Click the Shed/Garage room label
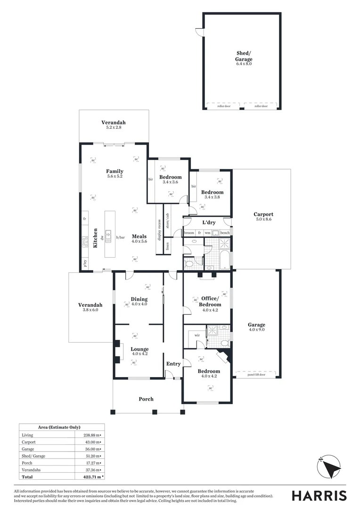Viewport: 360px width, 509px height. coord(244,57)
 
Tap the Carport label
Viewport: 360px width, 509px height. coord(263,214)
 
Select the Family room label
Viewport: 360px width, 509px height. coord(115,172)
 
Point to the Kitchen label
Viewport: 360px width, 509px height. coord(95,238)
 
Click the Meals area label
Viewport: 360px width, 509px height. coord(139,237)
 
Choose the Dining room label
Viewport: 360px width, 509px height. coord(139,299)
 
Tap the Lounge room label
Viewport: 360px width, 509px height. coord(140,349)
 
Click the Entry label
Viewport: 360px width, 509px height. coord(173,363)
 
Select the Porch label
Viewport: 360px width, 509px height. coord(146,399)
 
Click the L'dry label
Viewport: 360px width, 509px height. coord(209,222)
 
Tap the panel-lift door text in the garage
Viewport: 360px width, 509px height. coord(256,375)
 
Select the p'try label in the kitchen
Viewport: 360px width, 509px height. coord(85,264)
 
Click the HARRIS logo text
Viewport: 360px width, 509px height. coord(319,495)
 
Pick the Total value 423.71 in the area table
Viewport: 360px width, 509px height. coord(89,476)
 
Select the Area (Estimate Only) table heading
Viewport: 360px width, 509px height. coord(59,427)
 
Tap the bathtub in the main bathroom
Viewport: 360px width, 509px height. coord(225,260)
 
